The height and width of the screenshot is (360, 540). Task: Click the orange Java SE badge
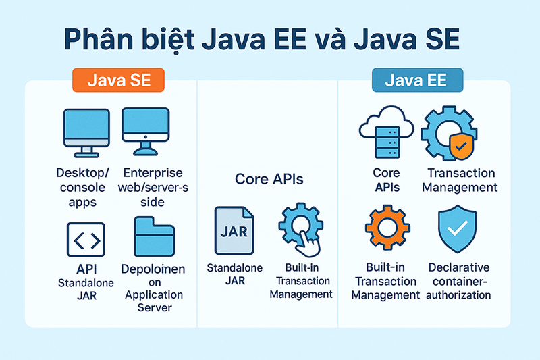(x=118, y=80)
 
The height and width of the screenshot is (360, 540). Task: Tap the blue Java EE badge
(x=417, y=80)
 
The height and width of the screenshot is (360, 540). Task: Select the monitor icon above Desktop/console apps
(x=86, y=133)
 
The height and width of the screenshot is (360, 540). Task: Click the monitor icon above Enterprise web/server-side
(x=146, y=132)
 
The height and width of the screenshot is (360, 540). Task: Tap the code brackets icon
(x=86, y=239)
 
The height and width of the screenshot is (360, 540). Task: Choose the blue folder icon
(x=155, y=236)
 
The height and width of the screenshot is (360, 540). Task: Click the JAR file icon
(x=234, y=230)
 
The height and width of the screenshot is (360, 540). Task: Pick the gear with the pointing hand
(x=300, y=230)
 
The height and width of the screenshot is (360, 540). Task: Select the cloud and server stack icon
(x=386, y=132)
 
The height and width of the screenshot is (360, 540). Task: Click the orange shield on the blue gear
(x=462, y=147)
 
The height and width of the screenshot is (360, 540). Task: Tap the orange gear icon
(x=387, y=228)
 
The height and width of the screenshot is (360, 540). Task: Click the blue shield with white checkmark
(x=458, y=229)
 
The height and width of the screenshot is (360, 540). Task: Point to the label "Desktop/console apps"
(x=82, y=187)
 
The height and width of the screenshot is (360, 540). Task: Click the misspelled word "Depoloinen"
(x=153, y=269)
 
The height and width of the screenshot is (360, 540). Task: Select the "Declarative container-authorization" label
(x=459, y=281)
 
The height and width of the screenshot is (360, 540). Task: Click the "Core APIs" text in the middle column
(x=269, y=179)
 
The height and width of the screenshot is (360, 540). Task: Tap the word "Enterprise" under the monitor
(x=153, y=173)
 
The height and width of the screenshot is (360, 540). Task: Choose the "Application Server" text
(x=154, y=301)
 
